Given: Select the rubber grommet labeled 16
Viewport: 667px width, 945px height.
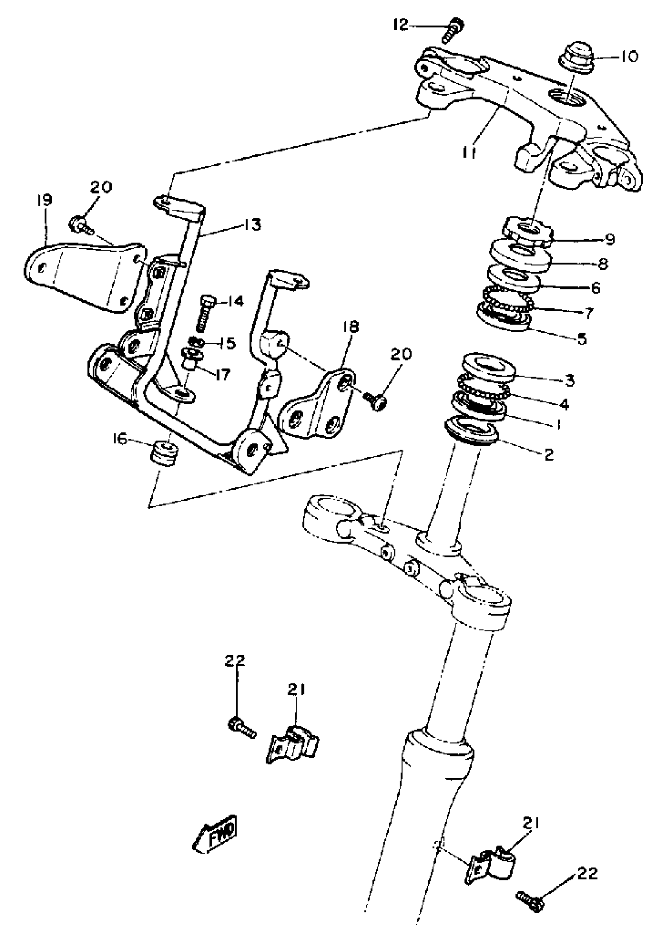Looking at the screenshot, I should pos(164,453).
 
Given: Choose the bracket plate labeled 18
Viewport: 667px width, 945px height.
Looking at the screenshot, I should pos(317,401).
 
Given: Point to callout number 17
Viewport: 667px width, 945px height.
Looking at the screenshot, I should pos(222,374).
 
